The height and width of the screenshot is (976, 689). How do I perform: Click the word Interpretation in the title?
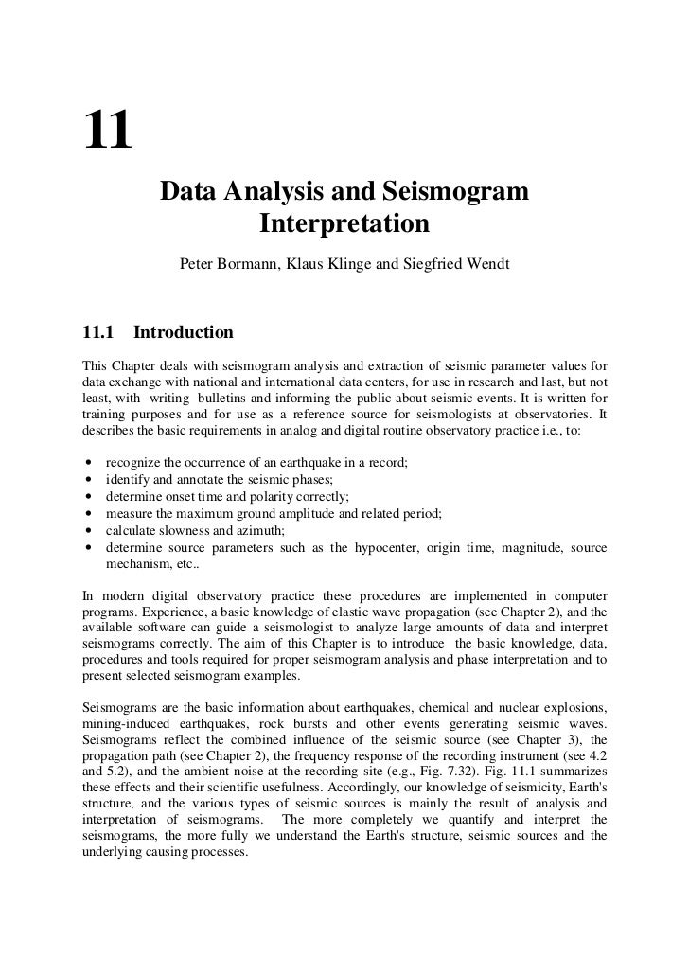pyautogui.click(x=344, y=225)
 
